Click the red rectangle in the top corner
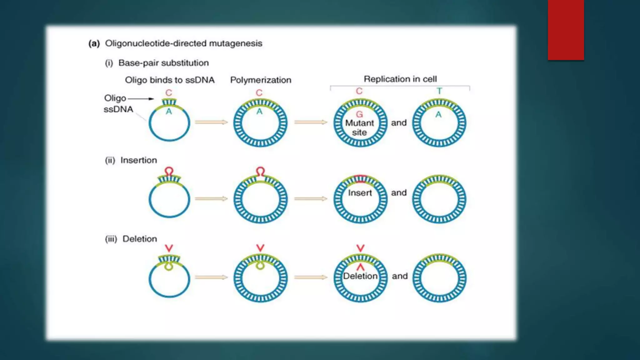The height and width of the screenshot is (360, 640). [566, 30]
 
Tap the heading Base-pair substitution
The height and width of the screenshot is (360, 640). [163, 63]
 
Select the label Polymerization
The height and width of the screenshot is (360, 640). [261, 80]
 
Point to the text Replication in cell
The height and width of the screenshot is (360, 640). [400, 79]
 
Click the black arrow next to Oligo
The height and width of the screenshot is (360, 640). [141, 99]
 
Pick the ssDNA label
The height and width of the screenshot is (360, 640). [118, 109]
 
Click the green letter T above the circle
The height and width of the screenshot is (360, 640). [439, 91]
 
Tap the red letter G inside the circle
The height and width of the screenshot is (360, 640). [359, 114]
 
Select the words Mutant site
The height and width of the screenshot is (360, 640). [359, 127]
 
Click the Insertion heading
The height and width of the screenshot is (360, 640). [138, 160]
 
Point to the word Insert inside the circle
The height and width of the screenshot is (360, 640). [360, 193]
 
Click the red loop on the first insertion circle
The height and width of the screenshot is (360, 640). [169, 171]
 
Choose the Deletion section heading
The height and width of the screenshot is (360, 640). [139, 239]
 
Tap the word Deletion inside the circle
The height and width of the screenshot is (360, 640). [360, 276]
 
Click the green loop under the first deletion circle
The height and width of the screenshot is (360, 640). [169, 267]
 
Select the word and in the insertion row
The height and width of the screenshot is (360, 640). [399, 193]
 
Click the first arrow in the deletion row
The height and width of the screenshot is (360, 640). [211, 277]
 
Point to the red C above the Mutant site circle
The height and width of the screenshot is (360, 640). [359, 91]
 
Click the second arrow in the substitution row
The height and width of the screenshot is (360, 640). [310, 122]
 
